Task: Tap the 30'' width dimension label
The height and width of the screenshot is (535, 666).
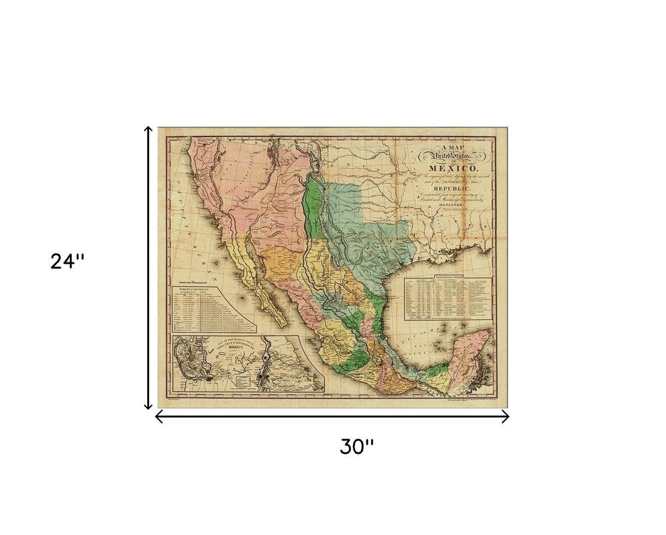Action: [x=357, y=447]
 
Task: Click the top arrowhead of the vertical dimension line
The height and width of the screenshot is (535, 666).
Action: [x=149, y=129]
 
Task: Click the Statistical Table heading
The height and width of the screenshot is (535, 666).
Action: [x=448, y=275]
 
